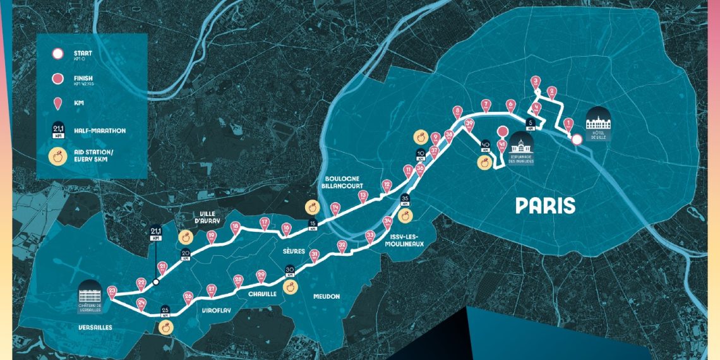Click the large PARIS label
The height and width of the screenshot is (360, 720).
[546, 205]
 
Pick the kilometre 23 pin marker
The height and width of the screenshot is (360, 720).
[112, 291]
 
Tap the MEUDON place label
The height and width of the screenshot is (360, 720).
[327, 296]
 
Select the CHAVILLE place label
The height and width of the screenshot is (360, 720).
[262, 294]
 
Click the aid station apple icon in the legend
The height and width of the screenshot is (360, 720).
[57, 157]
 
